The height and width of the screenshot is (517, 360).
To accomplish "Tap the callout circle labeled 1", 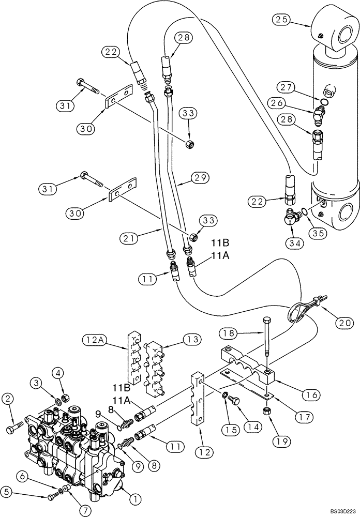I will [x=136, y=499].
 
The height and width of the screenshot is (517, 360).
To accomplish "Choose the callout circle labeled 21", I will [x=129, y=238].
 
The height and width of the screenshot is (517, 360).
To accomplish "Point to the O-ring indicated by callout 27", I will [x=322, y=101].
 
